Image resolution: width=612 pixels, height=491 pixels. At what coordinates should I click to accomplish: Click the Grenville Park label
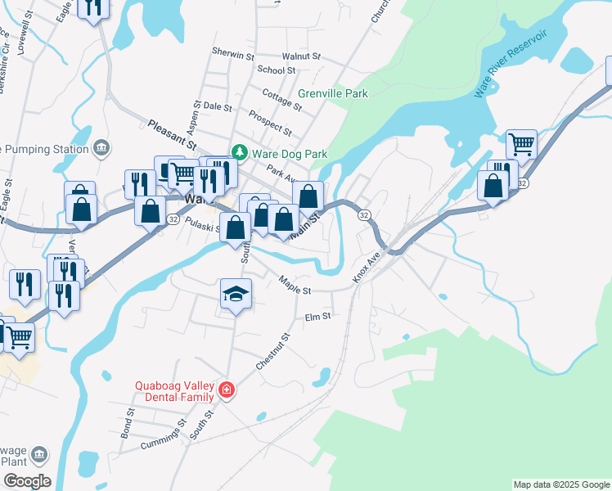coord(333,93)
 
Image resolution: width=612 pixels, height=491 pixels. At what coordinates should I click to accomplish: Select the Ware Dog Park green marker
coord(239,152)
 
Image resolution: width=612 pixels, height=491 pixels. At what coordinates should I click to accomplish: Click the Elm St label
coord(317,317)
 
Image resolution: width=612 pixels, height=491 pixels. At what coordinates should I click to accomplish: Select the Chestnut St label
coord(273,350)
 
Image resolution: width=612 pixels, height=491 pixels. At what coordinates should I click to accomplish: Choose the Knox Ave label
coord(367,267)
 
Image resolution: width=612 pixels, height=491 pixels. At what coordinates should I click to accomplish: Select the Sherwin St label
coord(233,53)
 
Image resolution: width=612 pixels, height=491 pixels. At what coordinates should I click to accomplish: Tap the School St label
coord(270,70)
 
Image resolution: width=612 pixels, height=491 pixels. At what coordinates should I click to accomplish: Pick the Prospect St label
coord(270,123)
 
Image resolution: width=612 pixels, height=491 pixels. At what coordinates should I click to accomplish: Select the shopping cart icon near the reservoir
coord(521,144)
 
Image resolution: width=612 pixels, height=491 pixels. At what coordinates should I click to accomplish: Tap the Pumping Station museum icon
coord(101,148)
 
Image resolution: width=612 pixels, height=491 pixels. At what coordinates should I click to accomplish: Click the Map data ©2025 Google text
coord(560,484)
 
